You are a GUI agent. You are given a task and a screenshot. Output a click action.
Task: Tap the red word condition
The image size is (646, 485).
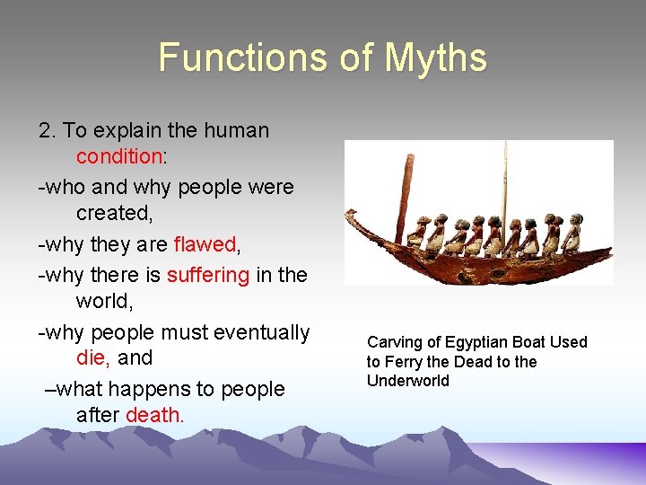coord(118,156)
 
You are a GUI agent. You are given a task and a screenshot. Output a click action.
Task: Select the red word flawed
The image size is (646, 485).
coord(205,244)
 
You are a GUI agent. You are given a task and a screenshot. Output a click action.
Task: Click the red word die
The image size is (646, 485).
coord(92,357)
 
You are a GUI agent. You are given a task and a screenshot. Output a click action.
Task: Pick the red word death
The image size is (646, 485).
coord(154,415)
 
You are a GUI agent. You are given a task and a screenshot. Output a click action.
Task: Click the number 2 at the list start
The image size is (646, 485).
coord(46,130)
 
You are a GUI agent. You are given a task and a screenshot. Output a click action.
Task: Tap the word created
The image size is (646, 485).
coord(113,213)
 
